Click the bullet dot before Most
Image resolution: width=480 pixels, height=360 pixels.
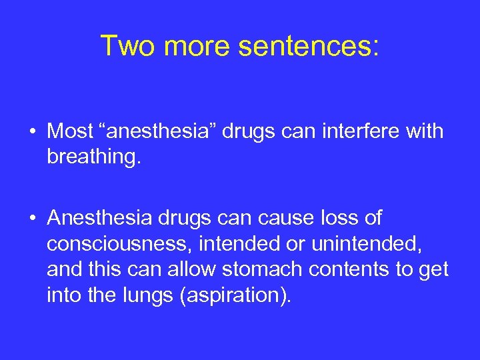click(33, 132)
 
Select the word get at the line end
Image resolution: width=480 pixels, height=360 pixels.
click(434, 269)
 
